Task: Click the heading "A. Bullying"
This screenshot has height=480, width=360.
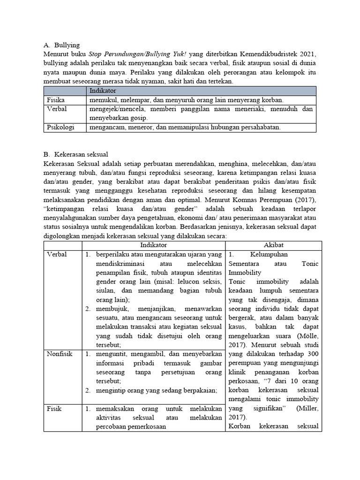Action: pos(61,45)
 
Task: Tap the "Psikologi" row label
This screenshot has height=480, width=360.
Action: pos(60,127)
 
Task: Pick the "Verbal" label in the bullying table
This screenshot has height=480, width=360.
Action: pos(56,109)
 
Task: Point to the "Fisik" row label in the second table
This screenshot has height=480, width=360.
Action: pos(54,409)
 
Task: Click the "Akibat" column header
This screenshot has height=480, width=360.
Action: pos(274,245)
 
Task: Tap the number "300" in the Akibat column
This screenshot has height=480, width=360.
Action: pos(313,354)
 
